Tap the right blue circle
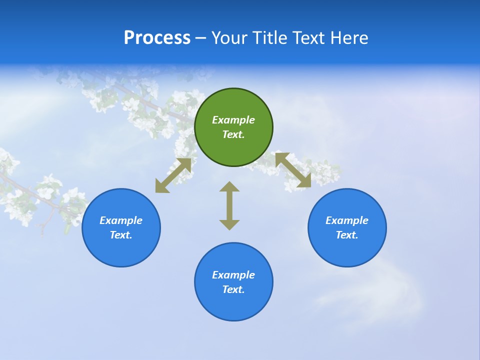tap(347, 250)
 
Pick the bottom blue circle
tap(233, 305)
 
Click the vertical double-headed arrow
tap(229, 205)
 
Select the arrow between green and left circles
tap(173, 175)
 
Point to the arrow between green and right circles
tap(293, 170)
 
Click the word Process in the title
tap(157, 38)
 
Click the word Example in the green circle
tap(233, 120)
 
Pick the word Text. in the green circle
tap(233, 134)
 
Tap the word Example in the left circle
tap(121, 220)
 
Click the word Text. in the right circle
tap(347, 235)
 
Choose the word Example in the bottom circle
tap(233, 275)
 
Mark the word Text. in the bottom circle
tap(233, 289)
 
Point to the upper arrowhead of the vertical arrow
tap(229, 187)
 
